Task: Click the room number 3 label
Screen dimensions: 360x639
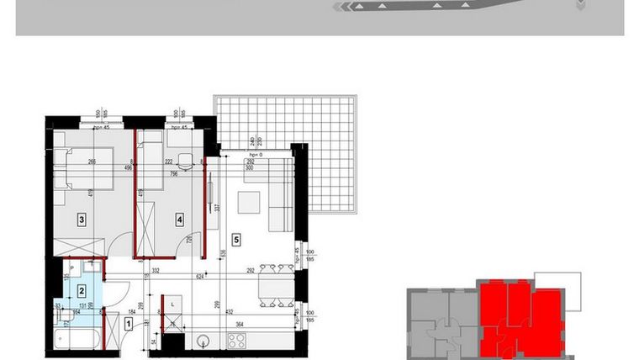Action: coord(81,220)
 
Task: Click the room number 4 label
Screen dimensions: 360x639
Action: coord(179,220)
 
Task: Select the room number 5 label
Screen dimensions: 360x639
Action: coord(236,240)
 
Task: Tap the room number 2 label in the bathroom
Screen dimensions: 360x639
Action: coord(81,291)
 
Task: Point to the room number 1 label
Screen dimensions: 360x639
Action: coord(128,322)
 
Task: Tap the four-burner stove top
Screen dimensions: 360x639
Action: coord(238,341)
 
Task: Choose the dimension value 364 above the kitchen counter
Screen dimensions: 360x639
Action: coord(239,324)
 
